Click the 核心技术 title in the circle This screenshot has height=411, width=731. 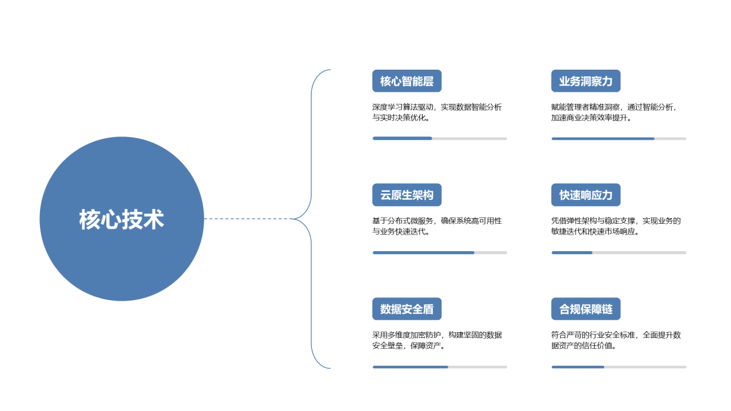122,219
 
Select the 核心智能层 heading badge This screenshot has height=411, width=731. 407,81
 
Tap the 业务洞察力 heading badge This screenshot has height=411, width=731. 586,81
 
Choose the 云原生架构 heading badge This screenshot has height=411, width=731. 407,195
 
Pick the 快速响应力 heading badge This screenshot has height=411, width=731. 586,195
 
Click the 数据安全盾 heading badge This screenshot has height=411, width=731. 407,309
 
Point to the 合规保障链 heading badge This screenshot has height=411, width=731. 586,309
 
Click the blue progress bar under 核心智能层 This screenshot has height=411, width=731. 403,139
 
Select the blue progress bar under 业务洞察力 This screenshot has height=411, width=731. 603,139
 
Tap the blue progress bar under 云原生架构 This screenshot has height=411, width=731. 424,253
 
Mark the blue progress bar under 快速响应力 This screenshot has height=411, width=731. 572,253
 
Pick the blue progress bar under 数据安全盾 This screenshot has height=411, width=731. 411,367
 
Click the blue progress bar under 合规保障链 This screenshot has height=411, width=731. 578,367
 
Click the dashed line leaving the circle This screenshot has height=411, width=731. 248,219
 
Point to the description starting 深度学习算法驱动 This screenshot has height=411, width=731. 437,112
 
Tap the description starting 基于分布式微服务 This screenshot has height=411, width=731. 437,226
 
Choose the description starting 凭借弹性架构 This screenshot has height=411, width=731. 616,226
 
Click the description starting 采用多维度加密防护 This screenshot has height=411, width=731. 437,340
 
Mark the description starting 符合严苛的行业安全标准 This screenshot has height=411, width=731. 616,340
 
